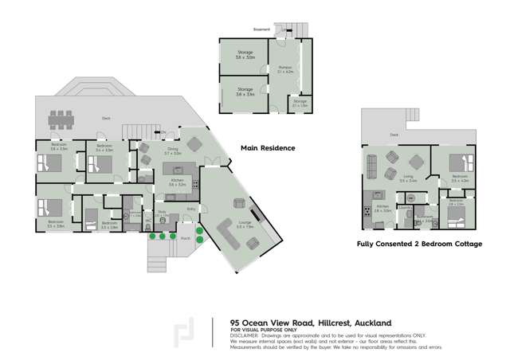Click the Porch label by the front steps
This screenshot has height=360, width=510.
coord(185,237)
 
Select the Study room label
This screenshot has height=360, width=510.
coord(161,215)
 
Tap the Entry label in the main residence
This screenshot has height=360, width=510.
coord(191,209)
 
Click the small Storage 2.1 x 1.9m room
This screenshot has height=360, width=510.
coord(300,103)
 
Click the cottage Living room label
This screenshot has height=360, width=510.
coord(408,180)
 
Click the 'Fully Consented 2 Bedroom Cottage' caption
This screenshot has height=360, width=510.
coord(418,244)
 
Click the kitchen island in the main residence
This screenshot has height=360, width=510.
coord(176,171)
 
